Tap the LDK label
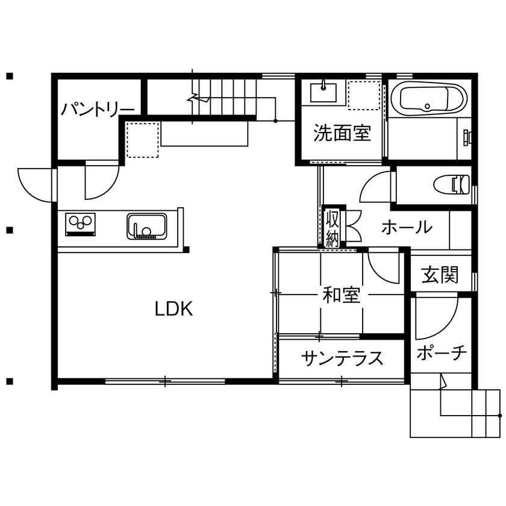pyautogui.click(x=173, y=309)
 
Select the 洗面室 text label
pyautogui.click(x=342, y=133)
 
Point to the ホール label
pyautogui.click(x=407, y=228)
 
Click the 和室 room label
pyautogui.click(x=342, y=295)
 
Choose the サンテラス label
pyautogui.click(x=342, y=358)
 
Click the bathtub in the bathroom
pyautogui.click(x=428, y=98)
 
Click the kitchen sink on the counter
pyautogui.click(x=147, y=226)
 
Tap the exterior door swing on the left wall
pyautogui.click(x=36, y=184)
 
